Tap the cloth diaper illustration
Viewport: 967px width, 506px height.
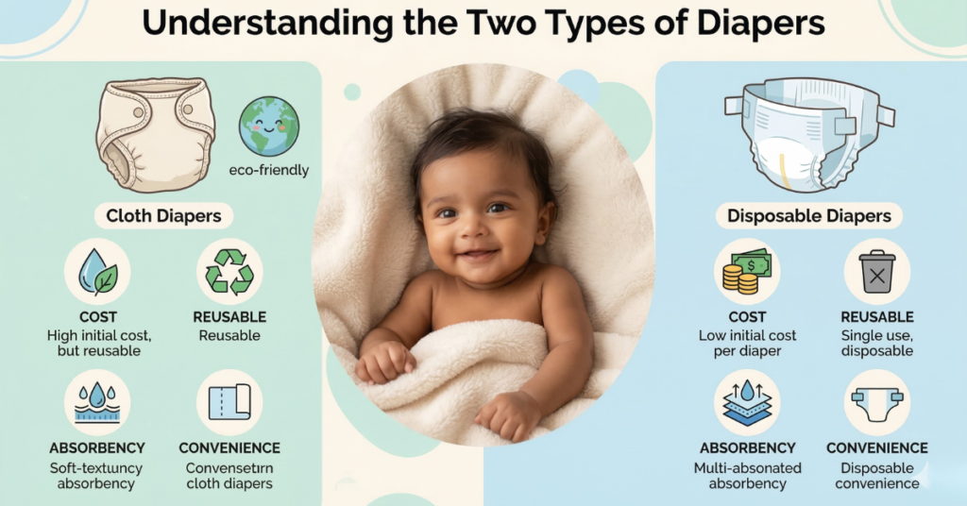click(x=155, y=134)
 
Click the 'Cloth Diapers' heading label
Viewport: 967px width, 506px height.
click(x=163, y=216)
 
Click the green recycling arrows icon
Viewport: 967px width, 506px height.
click(x=229, y=271)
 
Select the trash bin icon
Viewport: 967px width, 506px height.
click(x=876, y=271)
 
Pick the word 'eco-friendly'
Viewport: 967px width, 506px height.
click(x=269, y=171)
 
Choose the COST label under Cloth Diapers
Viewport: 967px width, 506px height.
click(x=97, y=318)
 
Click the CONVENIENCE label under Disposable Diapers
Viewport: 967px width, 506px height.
click(x=876, y=448)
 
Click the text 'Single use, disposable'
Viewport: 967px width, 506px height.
click(x=876, y=344)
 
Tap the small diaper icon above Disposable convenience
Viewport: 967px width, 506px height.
click(x=876, y=401)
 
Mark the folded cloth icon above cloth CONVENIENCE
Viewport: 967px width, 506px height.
click(x=229, y=401)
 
